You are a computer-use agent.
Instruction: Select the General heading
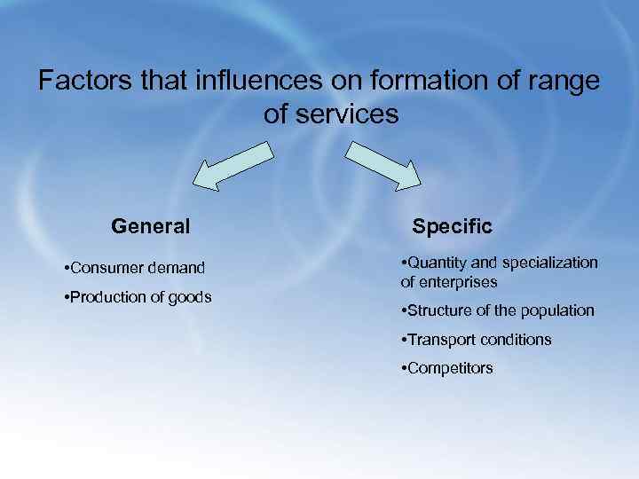tap(151, 226)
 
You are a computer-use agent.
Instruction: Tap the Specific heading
tap(452, 226)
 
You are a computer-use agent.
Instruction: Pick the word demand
tap(175, 268)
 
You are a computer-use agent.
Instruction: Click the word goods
tap(190, 297)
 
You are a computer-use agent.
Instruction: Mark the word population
tap(559, 310)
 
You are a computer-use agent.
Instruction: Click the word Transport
tap(440, 340)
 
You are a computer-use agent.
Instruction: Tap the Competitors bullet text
tap(451, 368)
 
